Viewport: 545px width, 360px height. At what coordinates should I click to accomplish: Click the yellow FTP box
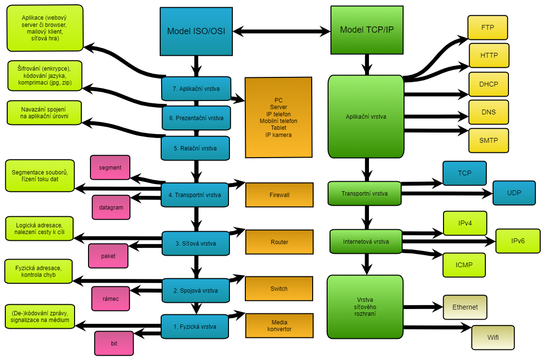pyautogui.click(x=488, y=27)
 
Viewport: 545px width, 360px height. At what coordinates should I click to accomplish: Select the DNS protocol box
pyautogui.click(x=488, y=112)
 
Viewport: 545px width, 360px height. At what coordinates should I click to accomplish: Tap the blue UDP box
pyautogui.click(x=514, y=193)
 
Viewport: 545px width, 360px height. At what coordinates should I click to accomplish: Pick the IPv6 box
pyautogui.click(x=518, y=241)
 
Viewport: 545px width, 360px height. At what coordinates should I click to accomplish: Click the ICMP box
pyautogui.click(x=464, y=265)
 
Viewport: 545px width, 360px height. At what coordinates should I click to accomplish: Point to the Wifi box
pyautogui.click(x=493, y=337)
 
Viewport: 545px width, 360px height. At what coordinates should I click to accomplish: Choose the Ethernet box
pyautogui.click(x=465, y=307)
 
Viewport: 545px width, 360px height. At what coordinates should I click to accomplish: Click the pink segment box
pyautogui.click(x=110, y=167)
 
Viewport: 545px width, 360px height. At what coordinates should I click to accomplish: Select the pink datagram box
pyautogui.click(x=111, y=207)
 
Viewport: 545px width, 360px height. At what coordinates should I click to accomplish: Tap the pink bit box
pyautogui.click(x=114, y=343)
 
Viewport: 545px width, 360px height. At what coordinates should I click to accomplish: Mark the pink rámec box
pyautogui.click(x=111, y=298)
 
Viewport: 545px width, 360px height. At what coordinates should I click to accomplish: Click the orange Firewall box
pyautogui.click(x=279, y=195)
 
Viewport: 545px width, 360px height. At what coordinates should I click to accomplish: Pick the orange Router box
pyautogui.click(x=279, y=242)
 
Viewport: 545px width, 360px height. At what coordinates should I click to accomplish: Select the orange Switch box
pyautogui.click(x=279, y=288)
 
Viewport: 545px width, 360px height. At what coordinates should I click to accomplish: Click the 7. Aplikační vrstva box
pyautogui.click(x=196, y=88)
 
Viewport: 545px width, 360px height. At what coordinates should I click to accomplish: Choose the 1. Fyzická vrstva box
pyautogui.click(x=194, y=326)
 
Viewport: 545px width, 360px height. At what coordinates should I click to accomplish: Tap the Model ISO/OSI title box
pyautogui.click(x=196, y=31)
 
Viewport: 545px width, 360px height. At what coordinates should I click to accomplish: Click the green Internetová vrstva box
pyautogui.click(x=366, y=241)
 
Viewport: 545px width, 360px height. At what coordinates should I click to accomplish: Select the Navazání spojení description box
pyautogui.click(x=44, y=112)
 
